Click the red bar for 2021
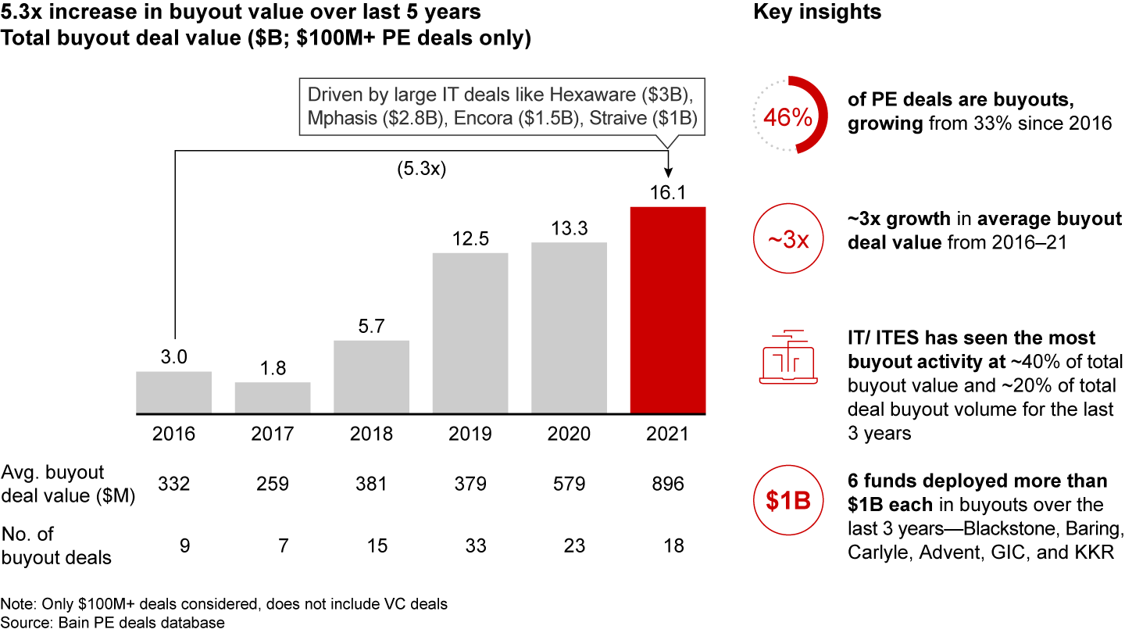pyautogui.click(x=668, y=310)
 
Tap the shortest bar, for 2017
pyautogui.click(x=273, y=398)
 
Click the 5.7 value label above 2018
pyautogui.click(x=371, y=326)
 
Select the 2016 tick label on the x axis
pyautogui.click(x=173, y=434)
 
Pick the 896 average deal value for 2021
pyautogui.click(x=668, y=485)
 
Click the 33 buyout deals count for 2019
pyautogui.click(x=470, y=545)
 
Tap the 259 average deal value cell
pyautogui.click(x=273, y=485)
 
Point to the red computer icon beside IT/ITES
pyautogui.click(x=788, y=356)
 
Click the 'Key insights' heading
pyautogui.click(x=817, y=13)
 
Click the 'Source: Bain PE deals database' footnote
pyautogui.click(x=113, y=623)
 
